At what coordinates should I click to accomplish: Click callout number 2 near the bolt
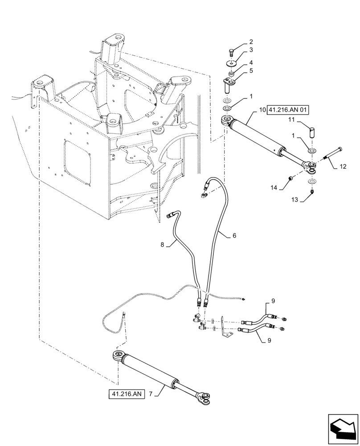[x=251, y=41]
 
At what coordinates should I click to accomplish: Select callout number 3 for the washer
[x=251, y=50]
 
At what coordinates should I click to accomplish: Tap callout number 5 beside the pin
[x=251, y=70]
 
